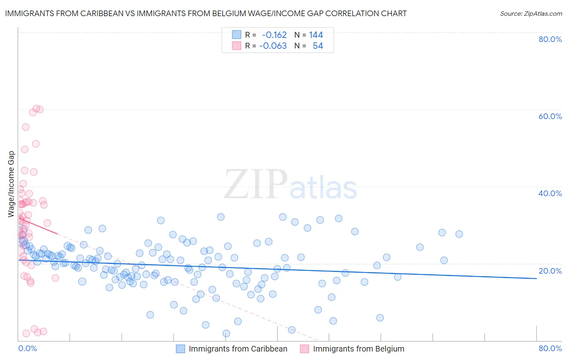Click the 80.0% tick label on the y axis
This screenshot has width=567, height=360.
550,39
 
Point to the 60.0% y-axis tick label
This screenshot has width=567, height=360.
550,116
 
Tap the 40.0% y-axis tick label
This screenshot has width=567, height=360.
550,193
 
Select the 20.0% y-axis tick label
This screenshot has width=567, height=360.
550,271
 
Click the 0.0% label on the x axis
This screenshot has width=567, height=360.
27,348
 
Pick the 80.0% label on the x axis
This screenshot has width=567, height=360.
550,348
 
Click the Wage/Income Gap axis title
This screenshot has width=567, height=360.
11,184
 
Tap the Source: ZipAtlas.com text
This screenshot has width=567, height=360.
531,14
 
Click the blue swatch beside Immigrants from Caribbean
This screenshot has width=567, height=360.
180,349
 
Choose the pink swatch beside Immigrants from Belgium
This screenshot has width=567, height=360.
304,349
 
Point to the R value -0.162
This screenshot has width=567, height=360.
274,35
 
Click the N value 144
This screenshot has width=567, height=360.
316,35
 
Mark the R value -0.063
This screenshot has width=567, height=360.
273,46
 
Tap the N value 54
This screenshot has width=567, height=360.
318,46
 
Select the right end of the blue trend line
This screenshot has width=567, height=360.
536,278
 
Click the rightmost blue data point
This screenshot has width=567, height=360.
459,234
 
